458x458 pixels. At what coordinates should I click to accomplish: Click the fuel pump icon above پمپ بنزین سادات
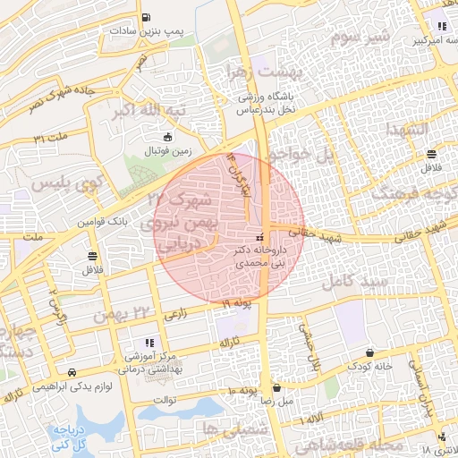click(147, 18)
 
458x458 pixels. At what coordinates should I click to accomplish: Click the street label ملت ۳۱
click(52, 139)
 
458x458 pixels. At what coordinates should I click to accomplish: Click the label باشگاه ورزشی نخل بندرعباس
click(266, 105)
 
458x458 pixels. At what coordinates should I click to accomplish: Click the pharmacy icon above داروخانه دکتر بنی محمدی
click(259, 238)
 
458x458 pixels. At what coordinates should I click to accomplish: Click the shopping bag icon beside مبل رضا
click(277, 389)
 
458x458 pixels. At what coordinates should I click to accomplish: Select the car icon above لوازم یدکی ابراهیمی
click(72, 373)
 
